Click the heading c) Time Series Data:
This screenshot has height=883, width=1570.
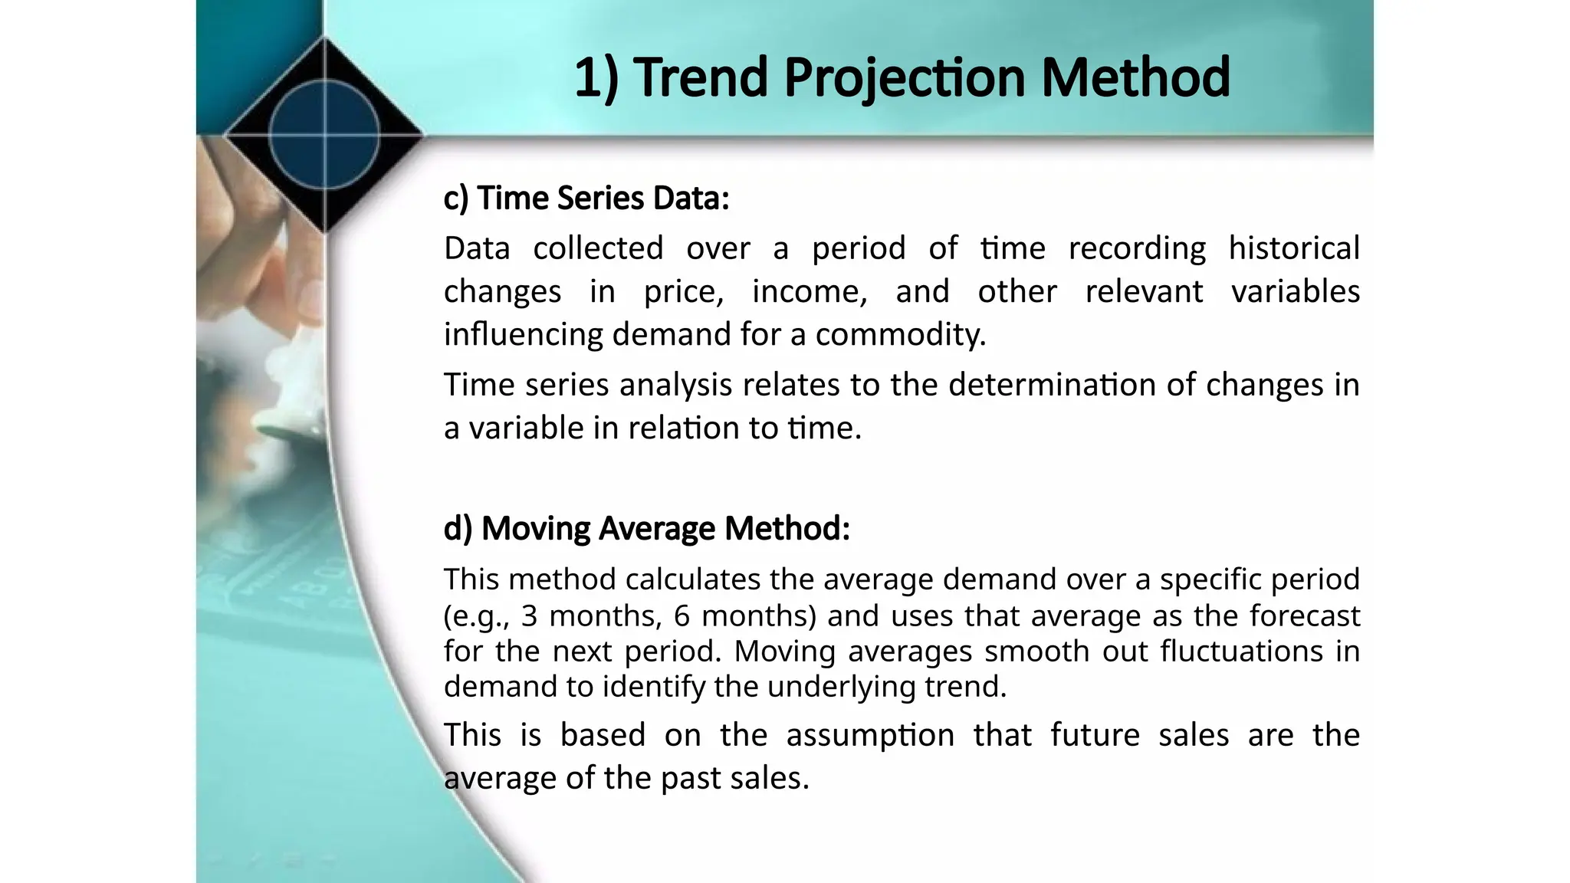pos(586,198)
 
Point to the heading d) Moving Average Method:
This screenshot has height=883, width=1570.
pos(647,528)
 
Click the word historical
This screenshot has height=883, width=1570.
pos(1294,248)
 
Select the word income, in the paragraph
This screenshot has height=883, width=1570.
pos(810,291)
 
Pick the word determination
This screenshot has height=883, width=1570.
pos(1051,384)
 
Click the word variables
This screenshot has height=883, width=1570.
pos(1296,291)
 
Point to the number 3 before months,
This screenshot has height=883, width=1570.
pos(529,616)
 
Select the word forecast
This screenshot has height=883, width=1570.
pos(1305,616)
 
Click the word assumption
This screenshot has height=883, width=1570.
pos(870,735)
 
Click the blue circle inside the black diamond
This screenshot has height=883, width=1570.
pos(325,134)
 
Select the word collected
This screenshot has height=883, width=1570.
pos(598,248)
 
